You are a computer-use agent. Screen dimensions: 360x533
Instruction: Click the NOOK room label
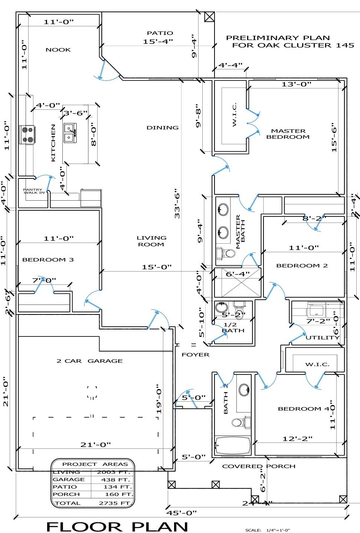click(58, 50)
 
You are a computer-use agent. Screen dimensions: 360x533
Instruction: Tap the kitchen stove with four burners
click(27, 135)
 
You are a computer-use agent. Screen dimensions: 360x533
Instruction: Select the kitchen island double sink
click(70, 133)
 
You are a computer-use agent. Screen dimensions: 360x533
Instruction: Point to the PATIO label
click(160, 33)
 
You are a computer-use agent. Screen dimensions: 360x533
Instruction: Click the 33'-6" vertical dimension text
click(177, 204)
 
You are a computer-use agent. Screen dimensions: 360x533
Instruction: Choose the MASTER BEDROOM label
click(288, 134)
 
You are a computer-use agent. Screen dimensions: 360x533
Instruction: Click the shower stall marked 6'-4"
click(238, 282)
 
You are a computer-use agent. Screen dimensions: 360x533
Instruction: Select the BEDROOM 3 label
click(48, 260)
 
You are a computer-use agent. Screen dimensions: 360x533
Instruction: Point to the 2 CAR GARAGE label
click(89, 361)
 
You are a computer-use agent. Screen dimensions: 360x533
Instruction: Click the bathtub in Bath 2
click(233, 445)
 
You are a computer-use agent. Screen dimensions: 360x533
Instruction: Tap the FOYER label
click(196, 355)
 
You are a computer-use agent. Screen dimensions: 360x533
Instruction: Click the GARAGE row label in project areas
click(69, 480)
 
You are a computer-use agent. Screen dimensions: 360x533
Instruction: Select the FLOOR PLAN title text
click(117, 526)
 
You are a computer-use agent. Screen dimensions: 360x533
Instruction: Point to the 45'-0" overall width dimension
click(181, 513)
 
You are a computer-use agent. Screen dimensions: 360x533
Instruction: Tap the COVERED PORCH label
click(259, 466)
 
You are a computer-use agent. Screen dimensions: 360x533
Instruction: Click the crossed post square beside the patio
click(209, 17)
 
